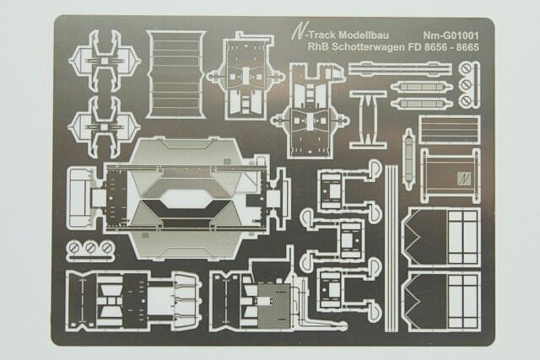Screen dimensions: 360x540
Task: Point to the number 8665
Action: (x=465, y=51)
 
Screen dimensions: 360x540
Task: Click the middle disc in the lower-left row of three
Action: (x=90, y=248)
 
